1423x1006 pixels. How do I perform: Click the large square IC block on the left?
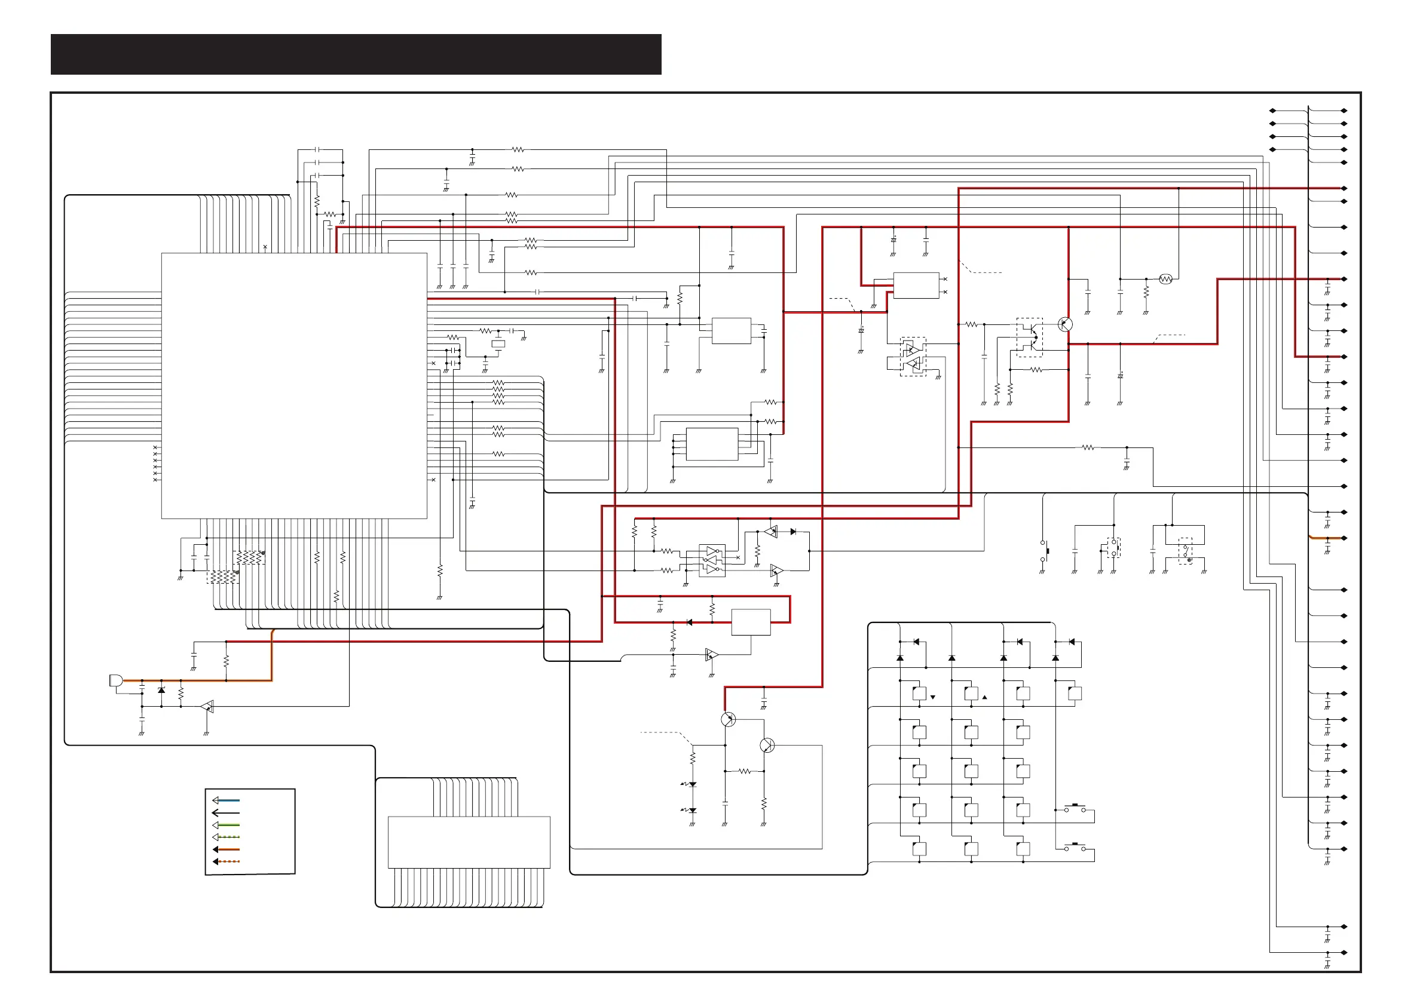click(294, 385)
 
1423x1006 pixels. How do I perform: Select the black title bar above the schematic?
click(356, 54)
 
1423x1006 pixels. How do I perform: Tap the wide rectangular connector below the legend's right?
click(469, 842)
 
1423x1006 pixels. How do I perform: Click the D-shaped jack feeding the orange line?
click(116, 680)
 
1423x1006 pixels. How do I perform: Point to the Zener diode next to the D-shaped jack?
click(162, 690)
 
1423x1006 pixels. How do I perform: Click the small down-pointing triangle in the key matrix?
click(933, 698)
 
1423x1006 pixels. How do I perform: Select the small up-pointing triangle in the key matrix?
click(985, 698)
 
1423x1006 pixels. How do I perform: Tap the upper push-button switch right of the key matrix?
click(1075, 808)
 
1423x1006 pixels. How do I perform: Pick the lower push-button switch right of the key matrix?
click(1075, 847)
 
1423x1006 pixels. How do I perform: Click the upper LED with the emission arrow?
click(692, 785)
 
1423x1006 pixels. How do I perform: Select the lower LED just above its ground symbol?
click(692, 810)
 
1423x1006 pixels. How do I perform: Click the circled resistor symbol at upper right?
click(1166, 280)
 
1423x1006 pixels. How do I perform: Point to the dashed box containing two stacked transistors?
click(1029, 338)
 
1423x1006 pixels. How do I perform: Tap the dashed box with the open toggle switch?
click(1185, 551)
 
